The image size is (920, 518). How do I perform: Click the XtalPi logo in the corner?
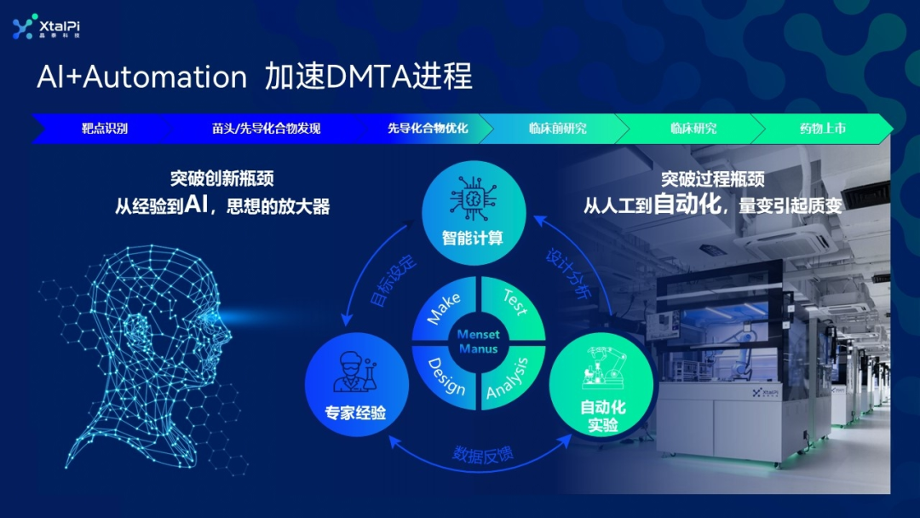click(x=46, y=27)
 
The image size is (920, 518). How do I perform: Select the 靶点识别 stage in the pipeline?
click(x=105, y=129)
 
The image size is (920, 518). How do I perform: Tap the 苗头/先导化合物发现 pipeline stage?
click(x=266, y=129)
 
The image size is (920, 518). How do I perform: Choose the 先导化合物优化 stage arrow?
click(x=428, y=129)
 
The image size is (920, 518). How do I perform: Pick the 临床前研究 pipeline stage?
click(x=557, y=129)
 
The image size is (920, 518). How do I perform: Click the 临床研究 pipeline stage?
click(x=693, y=129)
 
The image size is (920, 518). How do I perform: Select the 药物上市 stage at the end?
click(x=822, y=129)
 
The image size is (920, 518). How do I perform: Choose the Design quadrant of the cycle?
click(x=446, y=375)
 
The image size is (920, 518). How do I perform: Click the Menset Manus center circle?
click(x=478, y=342)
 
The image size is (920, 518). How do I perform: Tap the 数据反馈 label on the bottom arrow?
click(x=482, y=454)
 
